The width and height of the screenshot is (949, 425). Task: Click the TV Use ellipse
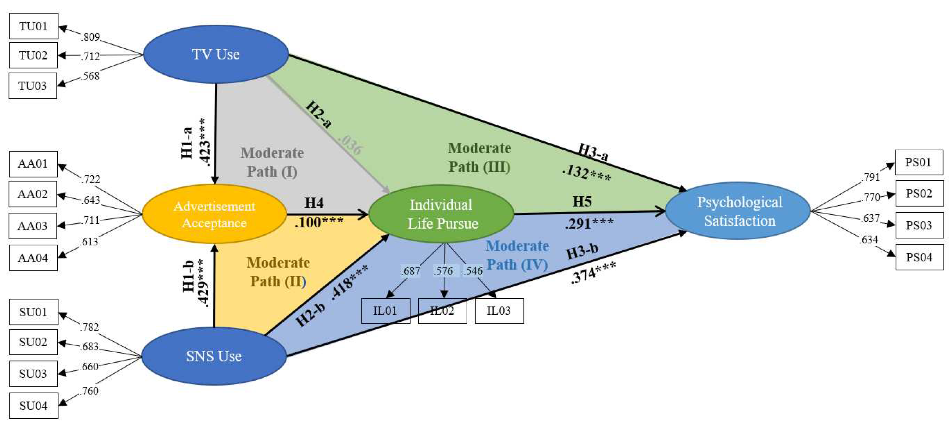(x=216, y=54)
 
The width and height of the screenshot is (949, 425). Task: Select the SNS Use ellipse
(x=214, y=356)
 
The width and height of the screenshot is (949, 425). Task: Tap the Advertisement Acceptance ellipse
(x=214, y=214)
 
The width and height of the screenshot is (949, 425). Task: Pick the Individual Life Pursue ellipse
(x=441, y=214)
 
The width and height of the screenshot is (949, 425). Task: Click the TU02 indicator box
(x=33, y=55)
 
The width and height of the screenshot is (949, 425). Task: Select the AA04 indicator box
(x=33, y=258)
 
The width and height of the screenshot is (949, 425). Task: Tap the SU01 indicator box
(x=33, y=312)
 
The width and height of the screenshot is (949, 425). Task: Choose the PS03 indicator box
(x=919, y=225)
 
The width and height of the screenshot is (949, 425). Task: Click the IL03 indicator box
(x=499, y=311)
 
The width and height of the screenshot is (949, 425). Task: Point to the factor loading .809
(x=91, y=37)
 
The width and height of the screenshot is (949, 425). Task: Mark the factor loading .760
(x=89, y=391)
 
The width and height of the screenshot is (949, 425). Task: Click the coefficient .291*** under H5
(x=589, y=223)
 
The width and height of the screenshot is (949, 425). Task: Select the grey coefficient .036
(x=350, y=145)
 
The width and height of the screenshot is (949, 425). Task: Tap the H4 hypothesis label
(x=314, y=203)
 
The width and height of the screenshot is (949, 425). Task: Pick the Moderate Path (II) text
(x=278, y=272)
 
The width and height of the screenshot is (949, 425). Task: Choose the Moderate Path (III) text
(x=479, y=157)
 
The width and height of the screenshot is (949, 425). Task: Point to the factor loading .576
(x=443, y=271)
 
